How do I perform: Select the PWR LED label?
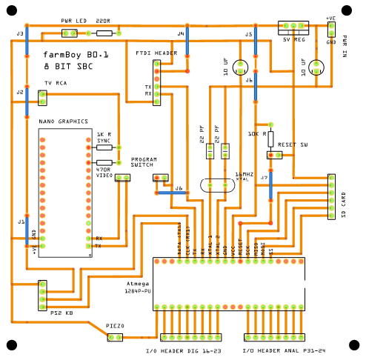pos(73,21)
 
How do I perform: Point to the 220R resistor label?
pos(102,21)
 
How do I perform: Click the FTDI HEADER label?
pos(156,54)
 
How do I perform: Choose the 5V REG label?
pos(294,41)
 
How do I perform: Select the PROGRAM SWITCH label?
pos(143,163)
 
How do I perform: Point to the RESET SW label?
pos(293,145)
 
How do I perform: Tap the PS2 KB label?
pos(61,313)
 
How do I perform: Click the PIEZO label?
pos(115,326)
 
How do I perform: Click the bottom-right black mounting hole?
pos(353,345)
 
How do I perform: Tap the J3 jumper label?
pos(20,34)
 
